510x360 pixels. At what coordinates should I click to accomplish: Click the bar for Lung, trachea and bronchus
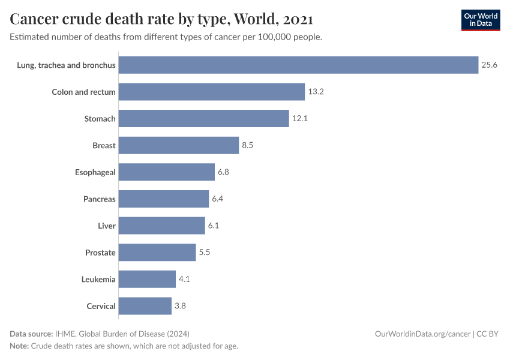point(298,65)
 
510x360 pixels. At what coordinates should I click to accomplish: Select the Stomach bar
point(203,118)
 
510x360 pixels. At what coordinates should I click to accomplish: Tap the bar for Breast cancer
point(178,145)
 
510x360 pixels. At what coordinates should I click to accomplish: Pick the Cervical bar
point(145,306)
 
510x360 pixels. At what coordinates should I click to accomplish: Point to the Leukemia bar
point(147,279)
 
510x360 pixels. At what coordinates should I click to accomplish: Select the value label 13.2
point(316,92)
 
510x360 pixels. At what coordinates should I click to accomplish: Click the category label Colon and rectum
point(83,92)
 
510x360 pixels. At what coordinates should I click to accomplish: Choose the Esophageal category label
point(95,172)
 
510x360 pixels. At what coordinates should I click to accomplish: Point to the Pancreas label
point(99,199)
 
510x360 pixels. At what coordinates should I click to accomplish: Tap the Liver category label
point(106,226)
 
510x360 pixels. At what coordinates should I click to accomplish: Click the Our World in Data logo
point(481,20)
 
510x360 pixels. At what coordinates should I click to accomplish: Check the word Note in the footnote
point(19,346)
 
